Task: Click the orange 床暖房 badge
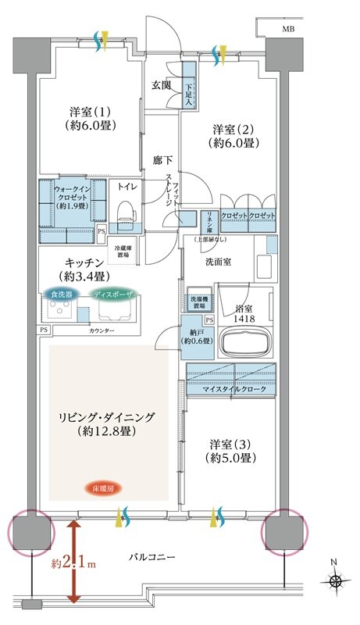(x=103, y=489)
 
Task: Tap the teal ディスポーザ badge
(x=116, y=295)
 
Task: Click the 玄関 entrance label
(x=162, y=85)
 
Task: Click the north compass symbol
(x=337, y=580)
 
